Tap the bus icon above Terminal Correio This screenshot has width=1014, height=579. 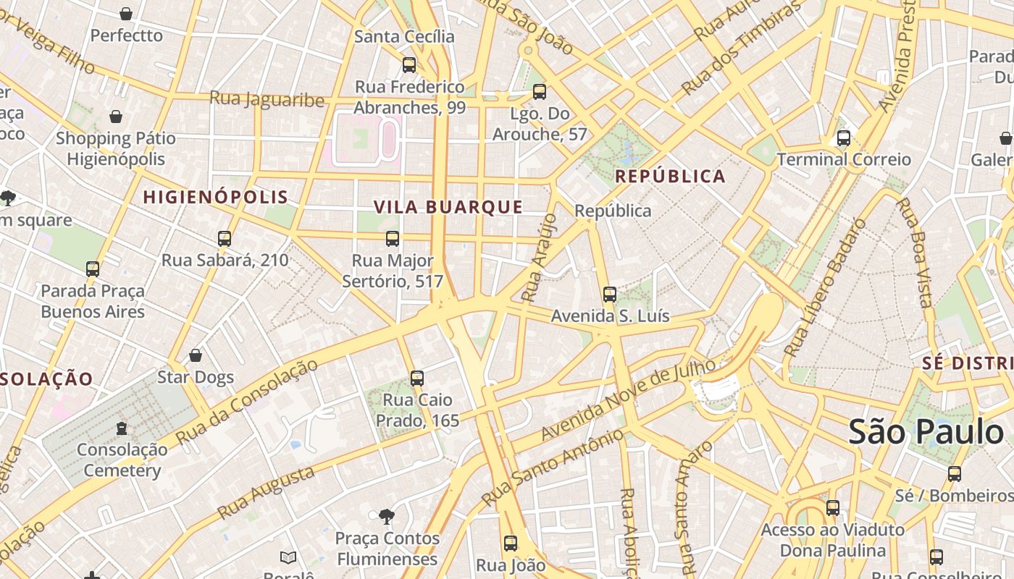coord(843,138)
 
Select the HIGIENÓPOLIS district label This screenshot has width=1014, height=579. coord(215,197)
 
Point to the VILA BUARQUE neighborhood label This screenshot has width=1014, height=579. coord(448,207)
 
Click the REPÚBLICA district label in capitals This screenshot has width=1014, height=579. coord(670,177)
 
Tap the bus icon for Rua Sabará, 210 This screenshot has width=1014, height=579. coord(225,239)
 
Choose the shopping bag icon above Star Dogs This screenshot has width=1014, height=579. coord(196,355)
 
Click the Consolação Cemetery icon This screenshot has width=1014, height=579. coord(122,428)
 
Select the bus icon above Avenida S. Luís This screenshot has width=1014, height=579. coord(610,295)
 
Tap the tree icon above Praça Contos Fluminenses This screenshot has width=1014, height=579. coord(387,516)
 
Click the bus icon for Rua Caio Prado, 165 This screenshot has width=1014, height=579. coord(416,378)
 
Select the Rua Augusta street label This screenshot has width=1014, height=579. coord(266,492)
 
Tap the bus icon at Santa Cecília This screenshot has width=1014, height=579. coord(409,65)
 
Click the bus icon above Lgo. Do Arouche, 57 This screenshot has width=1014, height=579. coord(539,92)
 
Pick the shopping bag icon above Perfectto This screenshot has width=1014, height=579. coord(126,14)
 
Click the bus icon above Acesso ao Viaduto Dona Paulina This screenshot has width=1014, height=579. coord(833,508)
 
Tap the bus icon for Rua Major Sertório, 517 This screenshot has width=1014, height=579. coord(393,239)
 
